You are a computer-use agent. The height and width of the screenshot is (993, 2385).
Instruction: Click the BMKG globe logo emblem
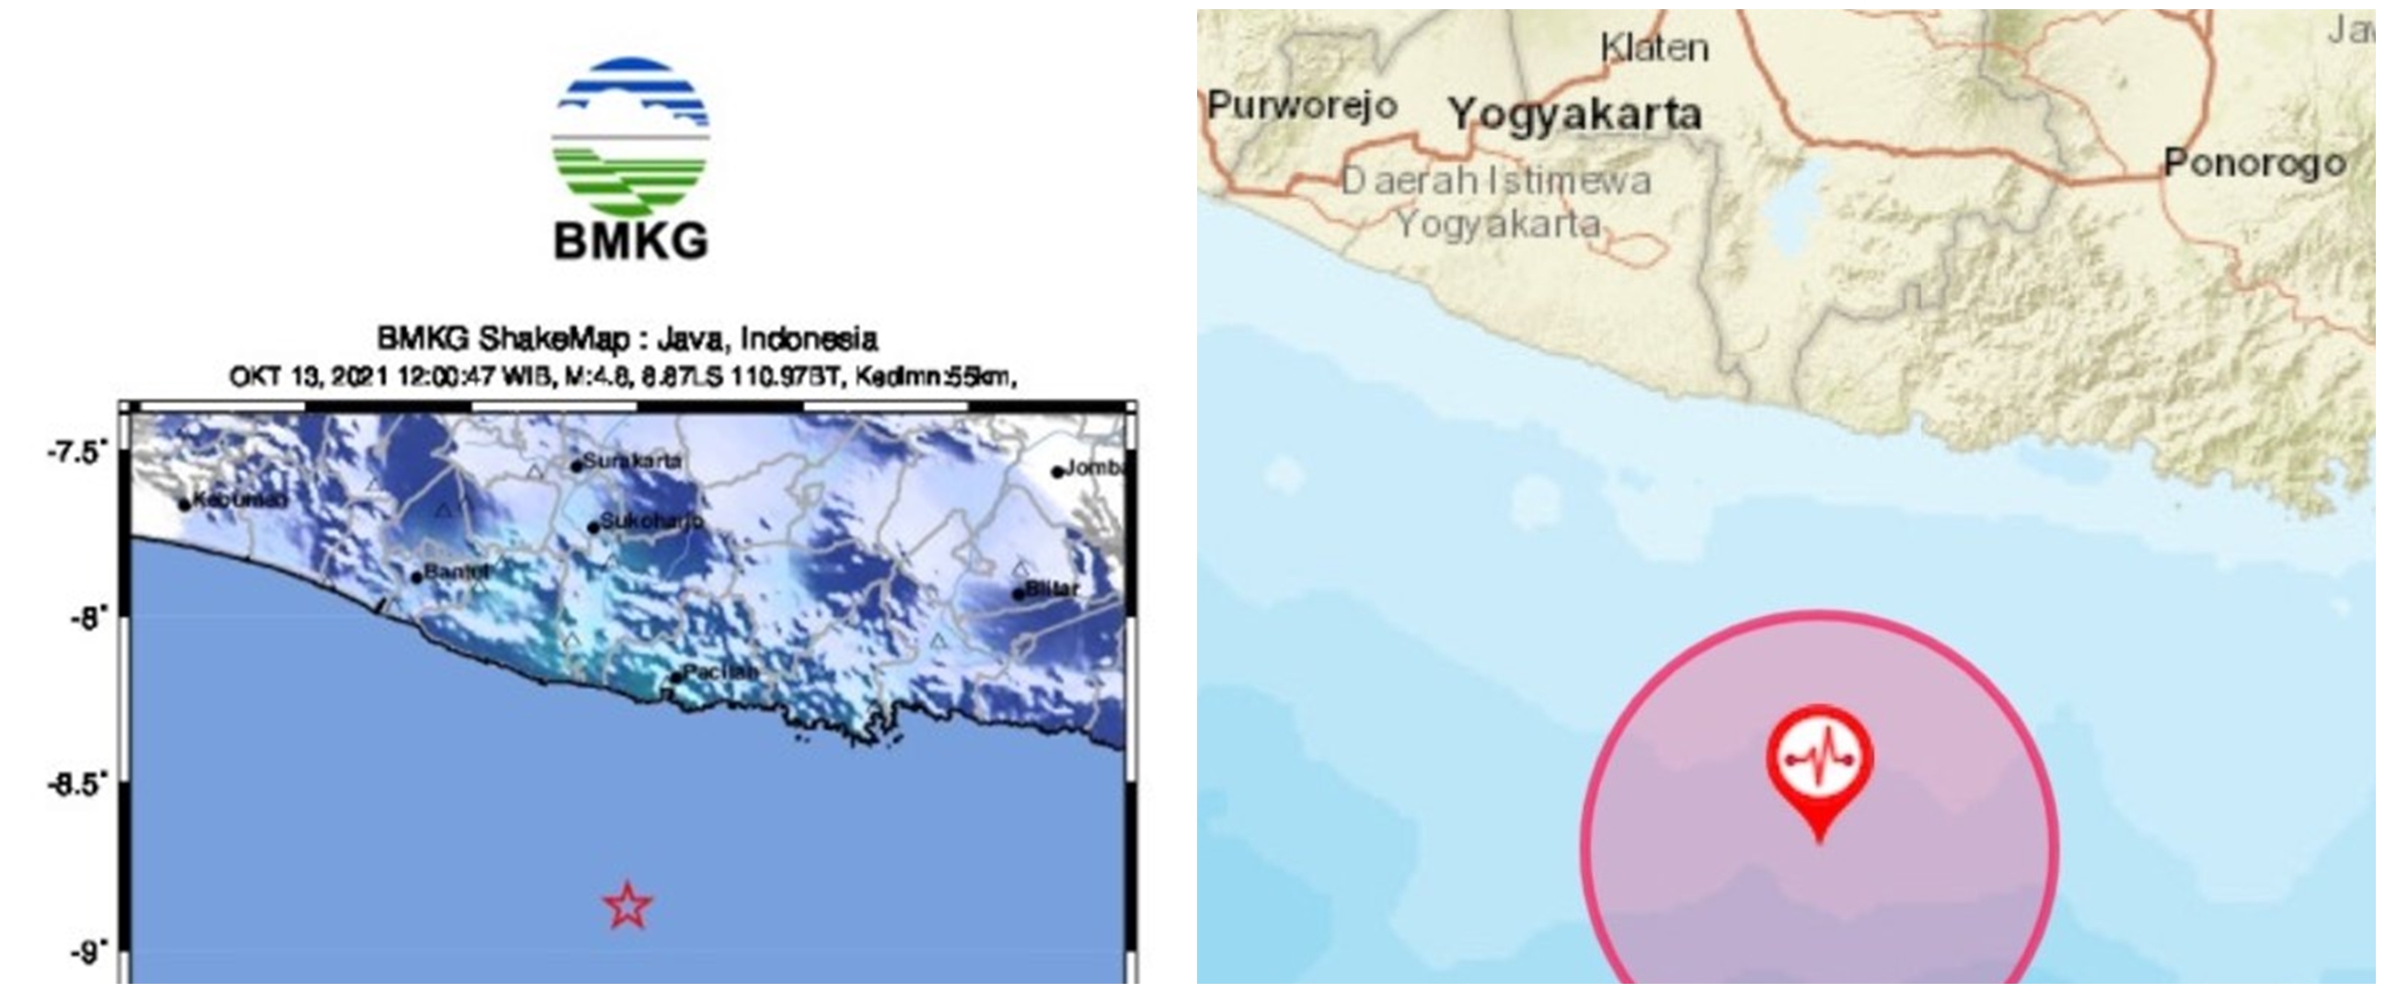point(630,138)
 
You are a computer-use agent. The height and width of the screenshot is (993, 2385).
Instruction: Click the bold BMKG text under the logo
point(630,243)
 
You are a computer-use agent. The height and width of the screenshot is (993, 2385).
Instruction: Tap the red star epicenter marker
point(628,905)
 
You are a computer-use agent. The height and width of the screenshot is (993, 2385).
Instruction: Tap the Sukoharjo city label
point(651,521)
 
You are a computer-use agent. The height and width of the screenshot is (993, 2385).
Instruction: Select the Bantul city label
point(455,573)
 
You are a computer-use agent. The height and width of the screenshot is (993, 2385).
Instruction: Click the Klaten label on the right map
point(1654,48)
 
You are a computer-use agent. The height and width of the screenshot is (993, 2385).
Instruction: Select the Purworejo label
point(1302,105)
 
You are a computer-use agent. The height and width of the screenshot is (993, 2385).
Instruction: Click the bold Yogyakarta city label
point(1575,115)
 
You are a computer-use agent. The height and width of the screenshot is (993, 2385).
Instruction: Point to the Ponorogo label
point(2254,164)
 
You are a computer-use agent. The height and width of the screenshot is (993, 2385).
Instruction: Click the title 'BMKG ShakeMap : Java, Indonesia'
point(627,338)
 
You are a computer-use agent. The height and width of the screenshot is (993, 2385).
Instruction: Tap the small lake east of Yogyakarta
point(1796,208)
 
